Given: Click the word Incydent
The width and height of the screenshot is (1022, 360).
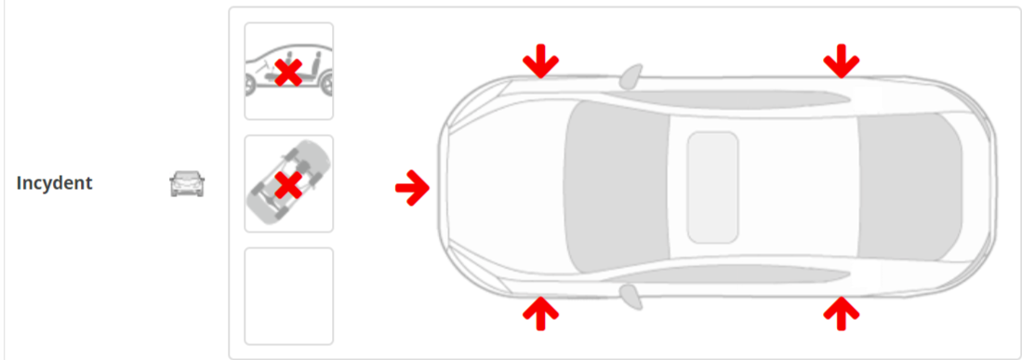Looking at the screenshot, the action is pos(54,183).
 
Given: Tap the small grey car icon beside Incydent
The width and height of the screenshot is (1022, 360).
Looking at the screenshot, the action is pos(187,184).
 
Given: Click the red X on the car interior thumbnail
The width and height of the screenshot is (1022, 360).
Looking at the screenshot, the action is pos(288,73).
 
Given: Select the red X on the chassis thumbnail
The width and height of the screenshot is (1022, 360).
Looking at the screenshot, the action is pos(288,185).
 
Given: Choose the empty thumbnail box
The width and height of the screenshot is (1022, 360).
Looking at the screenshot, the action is pos(288,296).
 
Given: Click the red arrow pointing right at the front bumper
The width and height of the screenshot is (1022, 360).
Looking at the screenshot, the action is pos(413,188).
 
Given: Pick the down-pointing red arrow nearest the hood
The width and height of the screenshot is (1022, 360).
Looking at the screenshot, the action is pos(540,61).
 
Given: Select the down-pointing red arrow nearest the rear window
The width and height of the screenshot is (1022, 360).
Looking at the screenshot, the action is pos(842,61).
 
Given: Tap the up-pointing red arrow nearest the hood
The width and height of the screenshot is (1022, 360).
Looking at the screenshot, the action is pos(540,313).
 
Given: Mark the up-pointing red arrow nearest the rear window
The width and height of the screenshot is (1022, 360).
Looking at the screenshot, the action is pos(842,313).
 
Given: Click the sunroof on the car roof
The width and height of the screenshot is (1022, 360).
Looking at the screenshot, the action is pos(712,187).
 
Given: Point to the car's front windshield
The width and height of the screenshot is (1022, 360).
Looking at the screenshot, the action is pos(616,187).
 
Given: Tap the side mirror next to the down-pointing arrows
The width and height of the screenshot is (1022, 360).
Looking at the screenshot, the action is pos(630,75).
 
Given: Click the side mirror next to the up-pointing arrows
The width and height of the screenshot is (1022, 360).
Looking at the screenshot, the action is pos(630,297).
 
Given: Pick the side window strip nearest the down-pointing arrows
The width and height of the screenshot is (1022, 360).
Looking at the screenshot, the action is pos(726,98).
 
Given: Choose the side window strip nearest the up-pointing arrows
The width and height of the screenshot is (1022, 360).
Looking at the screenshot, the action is pos(726,275).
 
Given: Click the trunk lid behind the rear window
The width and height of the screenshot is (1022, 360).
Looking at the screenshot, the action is pos(977,187).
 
